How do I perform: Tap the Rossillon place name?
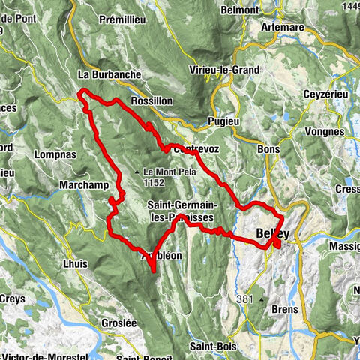tap(151, 100)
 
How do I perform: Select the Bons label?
tap(268, 149)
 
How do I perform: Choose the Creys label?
tap(12, 298)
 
